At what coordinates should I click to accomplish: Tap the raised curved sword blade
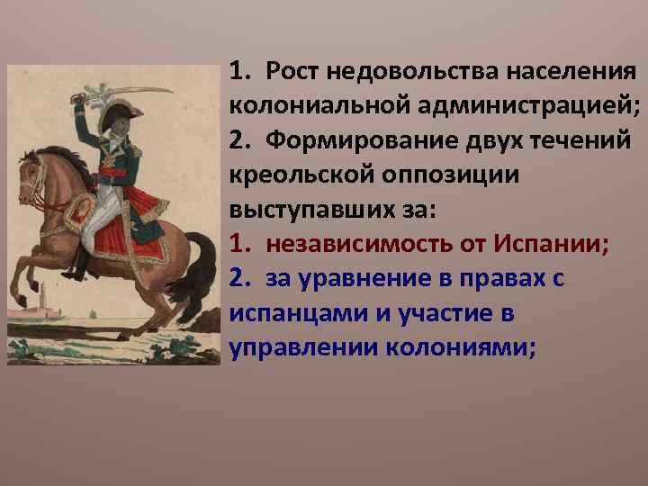tap(135, 91)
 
